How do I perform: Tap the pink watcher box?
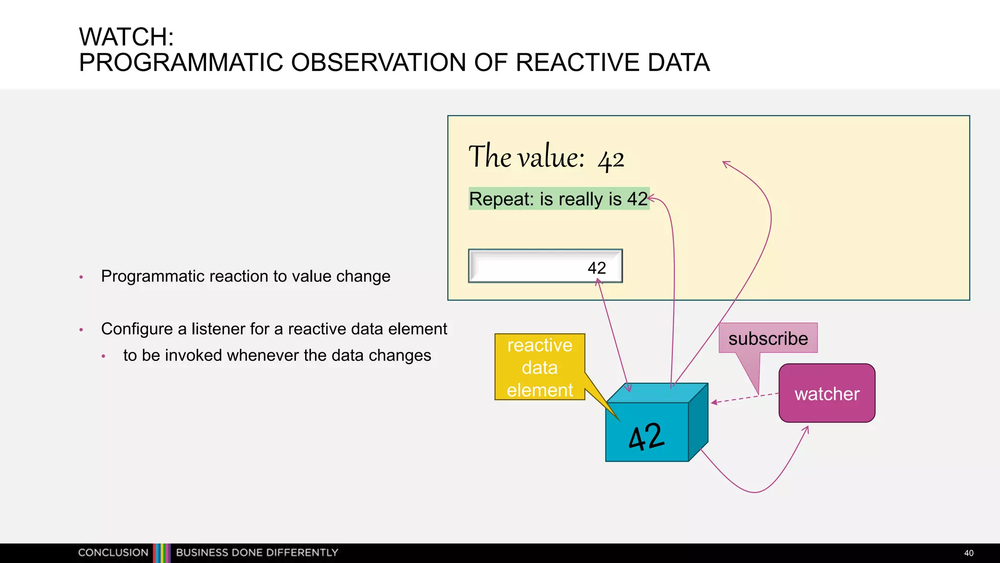(827, 393)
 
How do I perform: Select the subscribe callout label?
(768, 338)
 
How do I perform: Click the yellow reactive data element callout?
(540, 368)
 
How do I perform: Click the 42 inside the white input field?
(597, 268)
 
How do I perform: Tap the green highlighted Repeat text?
(558, 199)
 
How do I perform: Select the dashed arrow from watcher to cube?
(744, 398)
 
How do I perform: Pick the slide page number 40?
(969, 553)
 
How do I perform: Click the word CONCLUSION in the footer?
(113, 553)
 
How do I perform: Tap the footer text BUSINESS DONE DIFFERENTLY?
(257, 553)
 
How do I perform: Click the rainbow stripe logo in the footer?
(162, 553)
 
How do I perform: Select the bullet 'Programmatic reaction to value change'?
(246, 276)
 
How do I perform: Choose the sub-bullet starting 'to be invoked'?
(277, 355)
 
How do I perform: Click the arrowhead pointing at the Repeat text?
(651, 198)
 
